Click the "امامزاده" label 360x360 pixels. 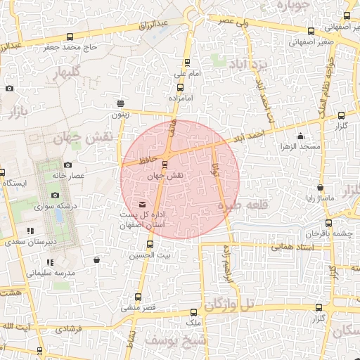(x=180, y=100)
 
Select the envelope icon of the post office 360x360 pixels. (x=143, y=205)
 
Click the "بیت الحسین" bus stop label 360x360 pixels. (x=154, y=255)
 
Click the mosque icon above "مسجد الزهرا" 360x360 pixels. (x=301, y=136)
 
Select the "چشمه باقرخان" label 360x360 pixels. (x=327, y=233)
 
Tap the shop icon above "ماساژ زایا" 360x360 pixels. (x=320, y=188)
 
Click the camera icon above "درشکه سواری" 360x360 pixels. (x=56, y=195)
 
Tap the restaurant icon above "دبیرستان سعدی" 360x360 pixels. (x=30, y=231)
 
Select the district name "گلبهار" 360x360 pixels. (x=74, y=72)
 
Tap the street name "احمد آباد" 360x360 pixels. (x=250, y=133)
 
